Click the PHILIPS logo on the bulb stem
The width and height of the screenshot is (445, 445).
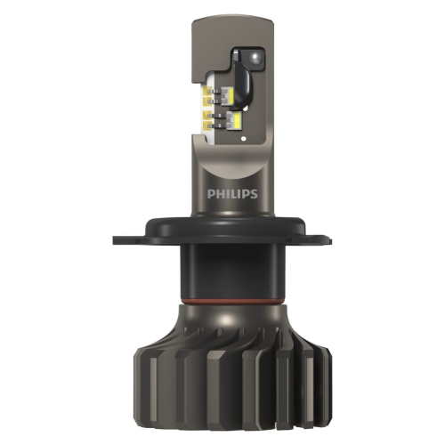pos(232,194)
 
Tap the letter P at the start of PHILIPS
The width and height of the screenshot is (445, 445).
pos(210,194)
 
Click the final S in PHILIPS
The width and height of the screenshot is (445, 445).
pos(254,194)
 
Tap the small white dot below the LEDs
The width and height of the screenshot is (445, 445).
pos(244,138)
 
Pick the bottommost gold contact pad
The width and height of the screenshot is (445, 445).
pos(208,126)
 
